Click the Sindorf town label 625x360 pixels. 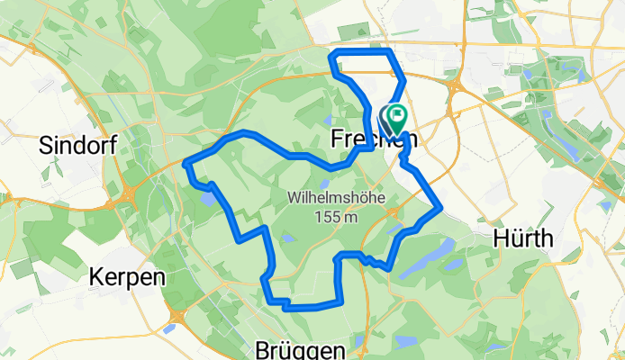point(78,146)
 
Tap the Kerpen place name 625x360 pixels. point(127,277)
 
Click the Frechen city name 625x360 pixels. point(367,139)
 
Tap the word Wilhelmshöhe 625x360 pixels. point(325,197)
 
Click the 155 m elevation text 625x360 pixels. point(325,216)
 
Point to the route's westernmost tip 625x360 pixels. point(186,163)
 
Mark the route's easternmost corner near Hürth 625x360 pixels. point(439,209)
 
